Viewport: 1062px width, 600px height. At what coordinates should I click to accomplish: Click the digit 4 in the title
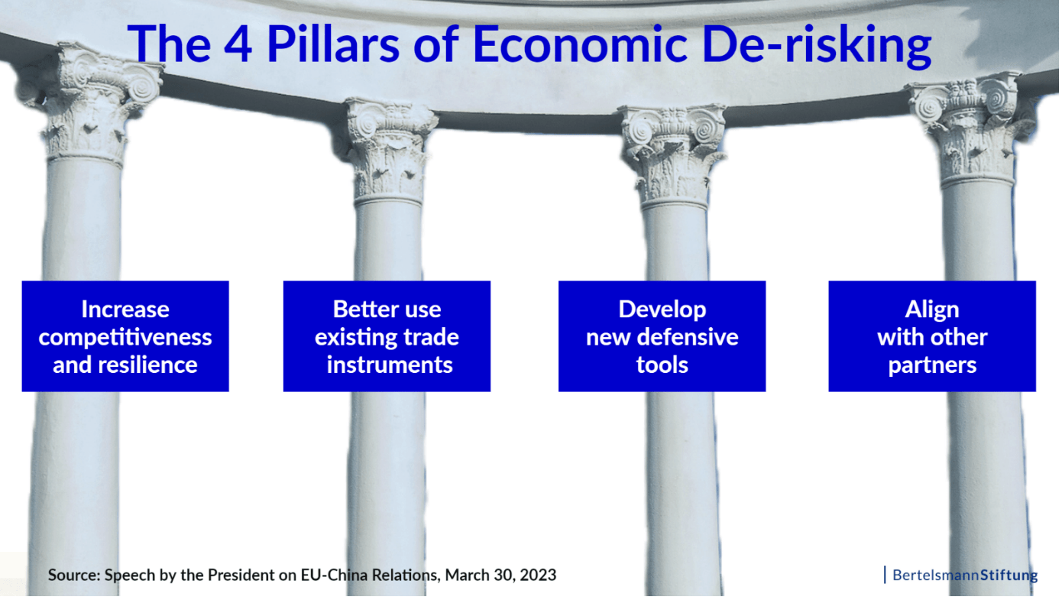click(x=238, y=44)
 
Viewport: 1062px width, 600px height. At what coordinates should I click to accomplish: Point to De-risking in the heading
click(x=817, y=46)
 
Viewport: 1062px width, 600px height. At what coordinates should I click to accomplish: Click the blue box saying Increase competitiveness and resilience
click(x=125, y=336)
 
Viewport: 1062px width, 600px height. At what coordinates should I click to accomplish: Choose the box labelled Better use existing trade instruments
click(x=387, y=336)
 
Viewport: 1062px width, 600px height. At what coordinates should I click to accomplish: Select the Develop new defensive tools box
click(x=662, y=336)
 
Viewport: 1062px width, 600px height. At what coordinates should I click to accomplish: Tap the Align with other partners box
click(x=932, y=336)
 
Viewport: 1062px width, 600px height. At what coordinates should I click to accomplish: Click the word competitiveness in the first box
click(x=125, y=338)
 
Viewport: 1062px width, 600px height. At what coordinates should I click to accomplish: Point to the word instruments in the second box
click(x=390, y=365)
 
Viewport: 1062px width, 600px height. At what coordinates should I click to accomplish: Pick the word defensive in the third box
click(x=688, y=337)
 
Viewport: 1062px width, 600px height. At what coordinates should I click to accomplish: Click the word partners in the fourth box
click(x=932, y=365)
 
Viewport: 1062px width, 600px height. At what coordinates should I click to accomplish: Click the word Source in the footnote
click(x=74, y=575)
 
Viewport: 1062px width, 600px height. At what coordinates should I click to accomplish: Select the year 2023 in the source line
click(x=538, y=575)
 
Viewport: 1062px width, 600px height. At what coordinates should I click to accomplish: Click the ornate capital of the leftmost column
click(x=90, y=105)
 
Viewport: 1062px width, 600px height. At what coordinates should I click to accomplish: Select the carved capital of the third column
click(x=673, y=157)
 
